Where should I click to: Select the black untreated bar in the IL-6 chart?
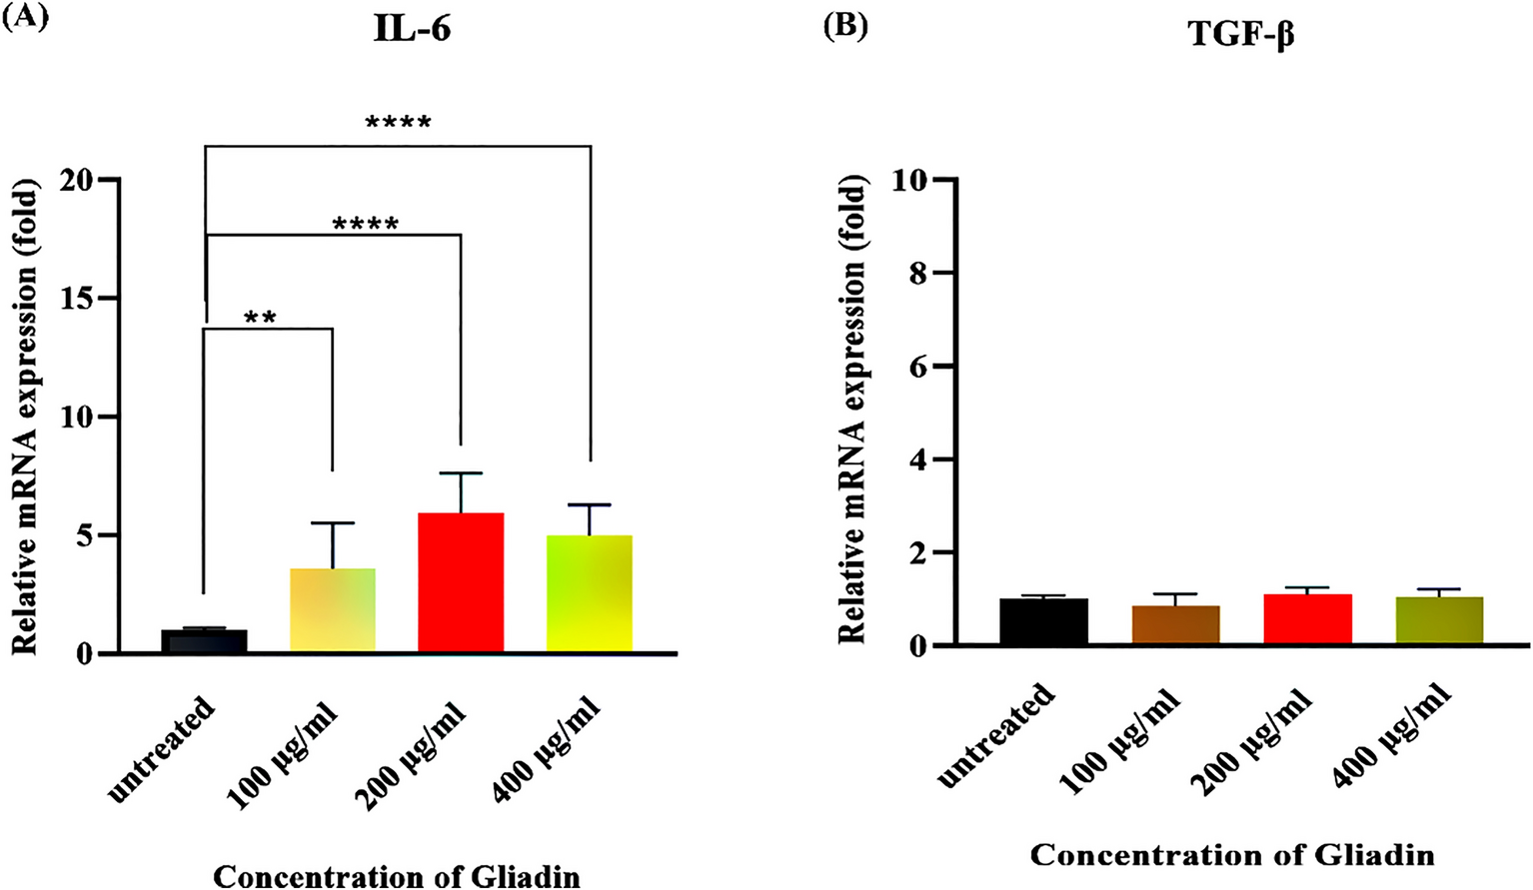[x=204, y=641]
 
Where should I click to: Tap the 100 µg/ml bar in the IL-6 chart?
[x=332, y=610]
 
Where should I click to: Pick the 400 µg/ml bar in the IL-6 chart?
[x=590, y=593]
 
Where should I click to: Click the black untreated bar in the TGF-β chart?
[x=1043, y=621]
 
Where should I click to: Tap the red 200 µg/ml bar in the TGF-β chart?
[x=1307, y=619]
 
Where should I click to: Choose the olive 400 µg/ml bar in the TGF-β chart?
[x=1439, y=620]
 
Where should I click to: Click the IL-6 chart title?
[x=412, y=29]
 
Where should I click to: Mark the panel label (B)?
[x=844, y=24]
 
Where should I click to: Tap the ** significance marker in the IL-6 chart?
[x=260, y=319]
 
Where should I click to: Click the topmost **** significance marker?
[x=398, y=124]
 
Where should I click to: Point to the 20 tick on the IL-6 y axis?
[x=76, y=180]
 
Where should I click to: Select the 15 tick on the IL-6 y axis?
[x=76, y=298]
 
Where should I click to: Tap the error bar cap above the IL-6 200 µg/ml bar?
[x=460, y=472]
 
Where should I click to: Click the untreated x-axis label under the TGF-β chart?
[x=997, y=735]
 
